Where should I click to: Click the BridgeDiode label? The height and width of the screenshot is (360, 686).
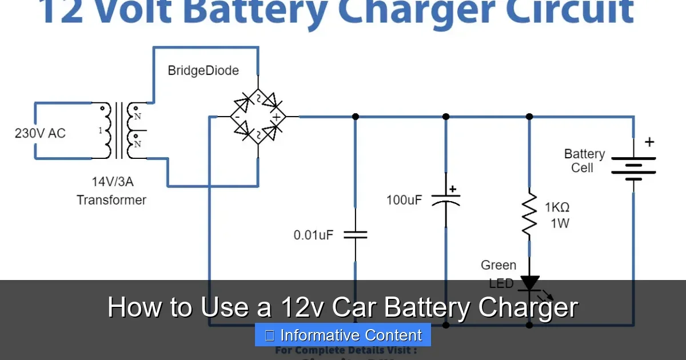[x=203, y=71]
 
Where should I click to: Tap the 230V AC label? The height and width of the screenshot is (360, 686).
[x=40, y=133]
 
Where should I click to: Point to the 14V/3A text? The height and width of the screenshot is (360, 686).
[x=112, y=182]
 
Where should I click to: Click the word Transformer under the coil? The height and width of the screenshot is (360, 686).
[x=111, y=200]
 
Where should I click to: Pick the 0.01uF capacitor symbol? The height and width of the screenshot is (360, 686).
[x=355, y=234]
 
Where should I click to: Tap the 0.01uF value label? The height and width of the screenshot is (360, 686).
[x=313, y=235]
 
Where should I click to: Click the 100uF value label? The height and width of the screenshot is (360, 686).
[x=404, y=201]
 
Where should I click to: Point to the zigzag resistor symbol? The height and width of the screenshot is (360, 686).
[x=529, y=215]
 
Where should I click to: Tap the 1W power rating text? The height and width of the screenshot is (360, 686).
[x=560, y=223]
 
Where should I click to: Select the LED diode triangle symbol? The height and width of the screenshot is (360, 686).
[x=529, y=282]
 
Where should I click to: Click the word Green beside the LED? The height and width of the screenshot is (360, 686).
[x=498, y=265]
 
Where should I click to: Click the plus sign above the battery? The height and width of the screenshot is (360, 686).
[x=649, y=142]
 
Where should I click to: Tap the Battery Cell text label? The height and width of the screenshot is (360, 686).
[x=584, y=161]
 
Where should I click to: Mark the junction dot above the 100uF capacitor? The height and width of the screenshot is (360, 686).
[x=446, y=117]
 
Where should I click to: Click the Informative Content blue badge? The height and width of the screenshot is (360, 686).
[x=343, y=335]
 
